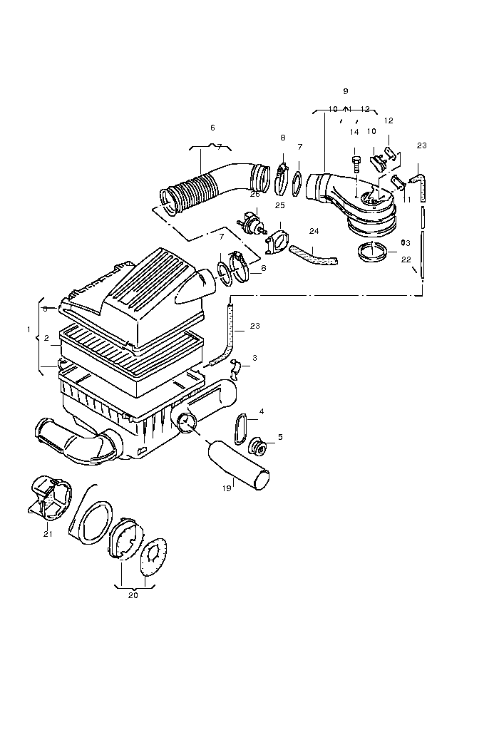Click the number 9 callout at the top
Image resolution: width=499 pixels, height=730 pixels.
[x=345, y=91]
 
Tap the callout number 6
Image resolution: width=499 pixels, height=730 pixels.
[x=212, y=128]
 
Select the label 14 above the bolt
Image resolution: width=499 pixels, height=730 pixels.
[x=354, y=132]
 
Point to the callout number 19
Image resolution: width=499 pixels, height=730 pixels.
[x=227, y=489]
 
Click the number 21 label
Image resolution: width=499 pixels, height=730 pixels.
[x=48, y=534]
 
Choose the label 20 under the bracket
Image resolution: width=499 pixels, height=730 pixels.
[x=133, y=596]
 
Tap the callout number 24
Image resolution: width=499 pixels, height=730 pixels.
[x=314, y=231]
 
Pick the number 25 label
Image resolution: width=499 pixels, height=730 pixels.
[x=280, y=205]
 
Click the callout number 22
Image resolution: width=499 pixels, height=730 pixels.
[x=406, y=259]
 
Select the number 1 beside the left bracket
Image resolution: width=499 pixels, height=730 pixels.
[x=29, y=329]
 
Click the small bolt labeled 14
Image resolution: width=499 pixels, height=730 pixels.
[x=354, y=160]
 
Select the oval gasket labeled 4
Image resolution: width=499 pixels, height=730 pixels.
[x=240, y=428]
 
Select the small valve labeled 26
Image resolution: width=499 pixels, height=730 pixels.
[x=252, y=220]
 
